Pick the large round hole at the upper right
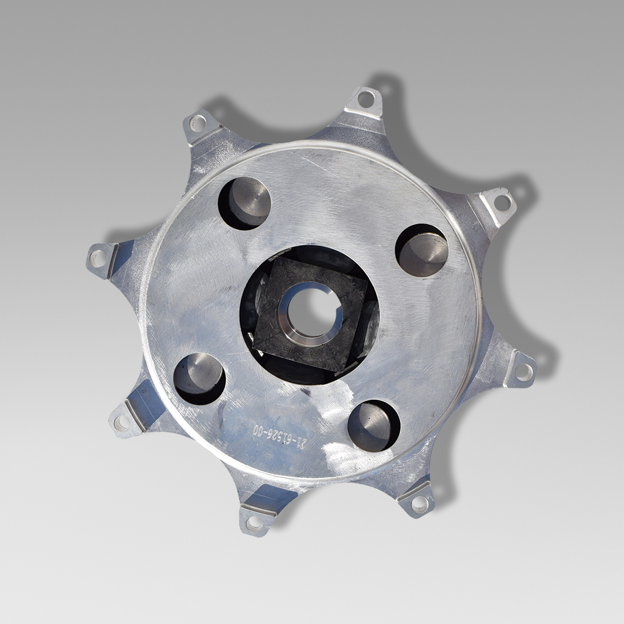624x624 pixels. (422, 250)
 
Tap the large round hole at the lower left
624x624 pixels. (199, 378)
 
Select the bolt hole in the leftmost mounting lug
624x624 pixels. (98, 258)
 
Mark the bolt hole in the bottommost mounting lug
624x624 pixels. (254, 523)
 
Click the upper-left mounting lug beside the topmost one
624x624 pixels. (198, 122)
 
